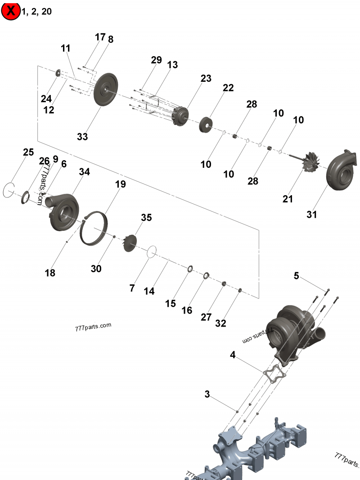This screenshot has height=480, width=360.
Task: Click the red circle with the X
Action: pyautogui.click(x=11, y=11)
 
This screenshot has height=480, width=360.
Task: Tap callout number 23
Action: pyautogui.click(x=206, y=78)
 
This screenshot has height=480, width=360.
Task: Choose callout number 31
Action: pyautogui.click(x=312, y=215)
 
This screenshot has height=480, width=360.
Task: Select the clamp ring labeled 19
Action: pyautogui.click(x=94, y=228)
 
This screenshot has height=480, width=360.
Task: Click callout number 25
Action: pyautogui.click(x=28, y=152)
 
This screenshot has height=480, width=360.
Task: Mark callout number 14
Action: pyautogui.click(x=149, y=291)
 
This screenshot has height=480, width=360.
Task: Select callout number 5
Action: pyautogui.click(x=296, y=276)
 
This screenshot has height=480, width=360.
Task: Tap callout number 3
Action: pyautogui.click(x=207, y=395)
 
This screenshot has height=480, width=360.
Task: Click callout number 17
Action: pyautogui.click(x=100, y=37)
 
